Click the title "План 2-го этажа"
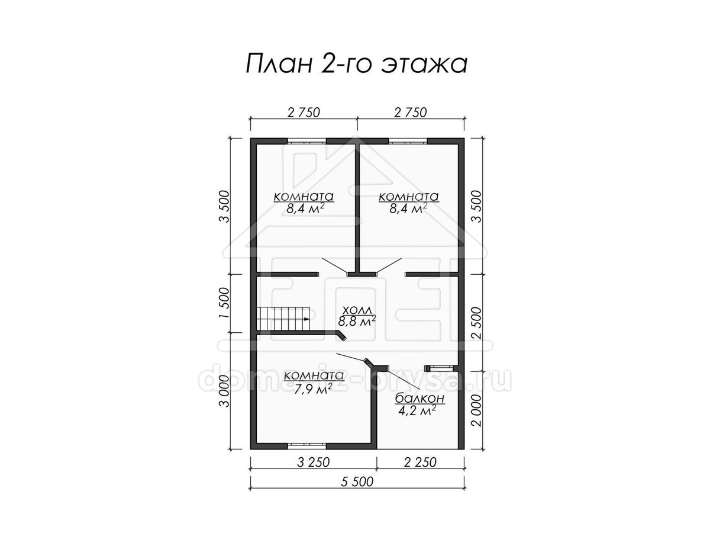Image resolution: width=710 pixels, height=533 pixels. tap(356, 64)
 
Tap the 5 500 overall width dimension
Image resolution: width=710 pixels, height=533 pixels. tap(357, 491)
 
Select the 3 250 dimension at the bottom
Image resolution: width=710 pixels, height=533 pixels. tap(313, 463)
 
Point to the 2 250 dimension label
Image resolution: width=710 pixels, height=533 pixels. tap(420, 463)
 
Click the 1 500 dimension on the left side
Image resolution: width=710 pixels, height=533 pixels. tap(224, 303)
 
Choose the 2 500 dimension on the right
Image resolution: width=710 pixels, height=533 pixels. tap(476, 323)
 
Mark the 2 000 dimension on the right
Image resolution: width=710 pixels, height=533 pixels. tap(476, 410)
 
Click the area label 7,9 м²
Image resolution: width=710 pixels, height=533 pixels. tap(313, 389)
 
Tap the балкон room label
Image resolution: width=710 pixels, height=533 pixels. tap(420, 399)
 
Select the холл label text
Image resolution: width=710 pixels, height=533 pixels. tap(357, 311)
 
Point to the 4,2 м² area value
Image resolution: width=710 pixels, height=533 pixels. tap(417, 411)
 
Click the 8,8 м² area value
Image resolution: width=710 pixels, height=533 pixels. tap(357, 321)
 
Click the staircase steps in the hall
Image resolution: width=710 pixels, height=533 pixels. tap(283, 319)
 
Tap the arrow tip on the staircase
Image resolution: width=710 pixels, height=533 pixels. tap(309, 319)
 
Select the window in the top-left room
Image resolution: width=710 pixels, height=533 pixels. tap(306, 141)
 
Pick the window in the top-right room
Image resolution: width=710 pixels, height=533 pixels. tap(408, 141)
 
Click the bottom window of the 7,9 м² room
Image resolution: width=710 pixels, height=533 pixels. tap(306, 447)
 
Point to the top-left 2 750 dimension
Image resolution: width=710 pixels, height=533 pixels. tap(304, 113)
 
